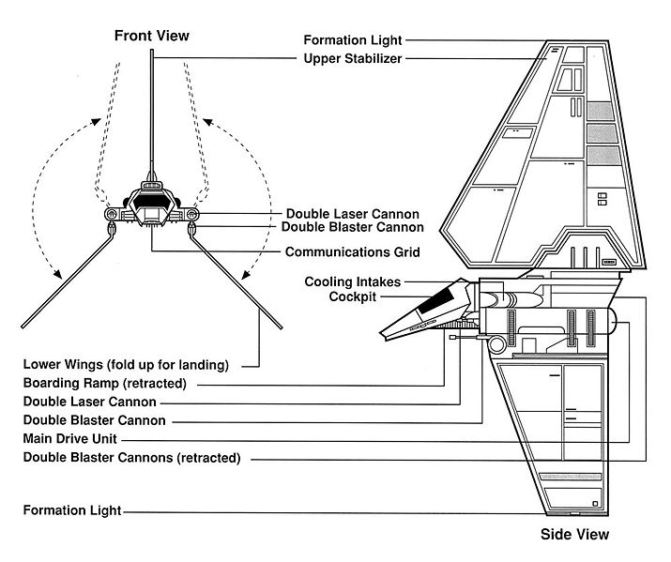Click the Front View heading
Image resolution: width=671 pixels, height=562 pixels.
point(151,36)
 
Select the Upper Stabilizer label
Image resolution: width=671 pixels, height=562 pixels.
point(353,59)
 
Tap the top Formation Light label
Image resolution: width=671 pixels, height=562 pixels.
point(353,40)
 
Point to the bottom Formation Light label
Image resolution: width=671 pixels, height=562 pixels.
point(72,511)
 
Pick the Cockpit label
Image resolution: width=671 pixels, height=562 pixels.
point(354,296)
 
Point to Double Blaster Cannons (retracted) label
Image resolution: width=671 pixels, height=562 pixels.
point(131,458)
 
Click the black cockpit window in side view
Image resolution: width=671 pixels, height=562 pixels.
point(438,302)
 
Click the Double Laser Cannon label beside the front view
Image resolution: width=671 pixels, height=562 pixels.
point(352,214)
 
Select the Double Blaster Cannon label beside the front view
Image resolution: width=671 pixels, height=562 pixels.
point(352,227)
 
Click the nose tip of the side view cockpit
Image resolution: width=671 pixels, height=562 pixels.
point(381,336)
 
